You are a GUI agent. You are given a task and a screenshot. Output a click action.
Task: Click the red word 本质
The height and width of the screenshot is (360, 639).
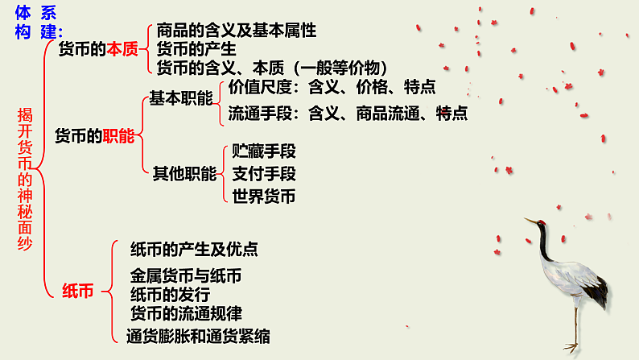pyautogui.click(x=123, y=49)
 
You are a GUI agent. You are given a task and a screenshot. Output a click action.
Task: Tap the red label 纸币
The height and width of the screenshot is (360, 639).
pyautogui.click(x=77, y=292)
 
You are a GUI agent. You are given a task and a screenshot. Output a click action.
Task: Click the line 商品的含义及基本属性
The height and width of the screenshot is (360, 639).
pyautogui.click(x=236, y=31)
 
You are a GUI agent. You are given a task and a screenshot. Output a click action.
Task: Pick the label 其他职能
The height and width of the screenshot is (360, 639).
pyautogui.click(x=185, y=172)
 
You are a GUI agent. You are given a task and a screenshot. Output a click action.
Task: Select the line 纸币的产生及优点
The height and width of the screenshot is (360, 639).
pyautogui.click(x=194, y=249)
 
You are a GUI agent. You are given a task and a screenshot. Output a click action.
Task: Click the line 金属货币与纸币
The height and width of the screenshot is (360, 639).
pyautogui.click(x=186, y=275)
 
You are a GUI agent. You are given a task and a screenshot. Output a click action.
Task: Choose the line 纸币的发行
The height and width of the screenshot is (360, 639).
pyautogui.click(x=170, y=294)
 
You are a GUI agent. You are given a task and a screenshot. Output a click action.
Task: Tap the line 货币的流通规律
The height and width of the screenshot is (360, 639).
pyautogui.click(x=186, y=312)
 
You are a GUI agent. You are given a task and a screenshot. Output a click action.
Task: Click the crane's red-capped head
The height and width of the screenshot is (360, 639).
pyautogui.click(x=541, y=223)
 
